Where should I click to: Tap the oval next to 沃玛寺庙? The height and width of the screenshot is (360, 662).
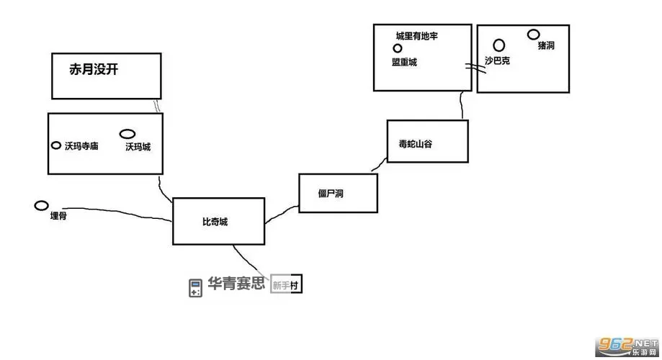(x=56, y=145)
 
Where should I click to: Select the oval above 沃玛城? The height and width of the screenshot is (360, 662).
(x=128, y=134)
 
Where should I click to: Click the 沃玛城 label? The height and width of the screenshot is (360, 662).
(x=138, y=147)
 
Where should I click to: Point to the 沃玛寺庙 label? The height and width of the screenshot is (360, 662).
(x=81, y=146)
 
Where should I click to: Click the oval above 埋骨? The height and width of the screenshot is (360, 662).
(x=42, y=206)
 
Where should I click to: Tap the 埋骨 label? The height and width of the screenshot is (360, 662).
(x=58, y=215)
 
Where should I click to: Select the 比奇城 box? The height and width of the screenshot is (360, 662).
(x=218, y=221)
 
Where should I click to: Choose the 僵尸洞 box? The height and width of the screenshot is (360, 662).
(x=338, y=192)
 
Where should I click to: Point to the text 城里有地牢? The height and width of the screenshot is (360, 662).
(x=417, y=35)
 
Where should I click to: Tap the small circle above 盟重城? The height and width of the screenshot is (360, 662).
(x=398, y=48)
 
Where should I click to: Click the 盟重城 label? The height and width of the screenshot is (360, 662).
(x=404, y=62)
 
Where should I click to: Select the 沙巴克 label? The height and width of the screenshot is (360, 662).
(x=497, y=61)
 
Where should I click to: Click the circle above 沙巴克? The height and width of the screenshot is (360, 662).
(x=498, y=45)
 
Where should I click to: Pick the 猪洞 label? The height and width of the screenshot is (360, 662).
(x=545, y=45)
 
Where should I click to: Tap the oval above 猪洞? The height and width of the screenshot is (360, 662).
(x=533, y=34)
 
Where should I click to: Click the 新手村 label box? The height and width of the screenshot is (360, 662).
(x=285, y=285)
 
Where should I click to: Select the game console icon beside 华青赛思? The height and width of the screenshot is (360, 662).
(x=194, y=287)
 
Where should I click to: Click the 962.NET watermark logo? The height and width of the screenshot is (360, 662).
(x=625, y=346)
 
